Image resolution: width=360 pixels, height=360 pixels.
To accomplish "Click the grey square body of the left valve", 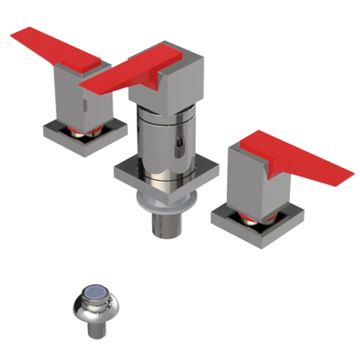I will (79, 100).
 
